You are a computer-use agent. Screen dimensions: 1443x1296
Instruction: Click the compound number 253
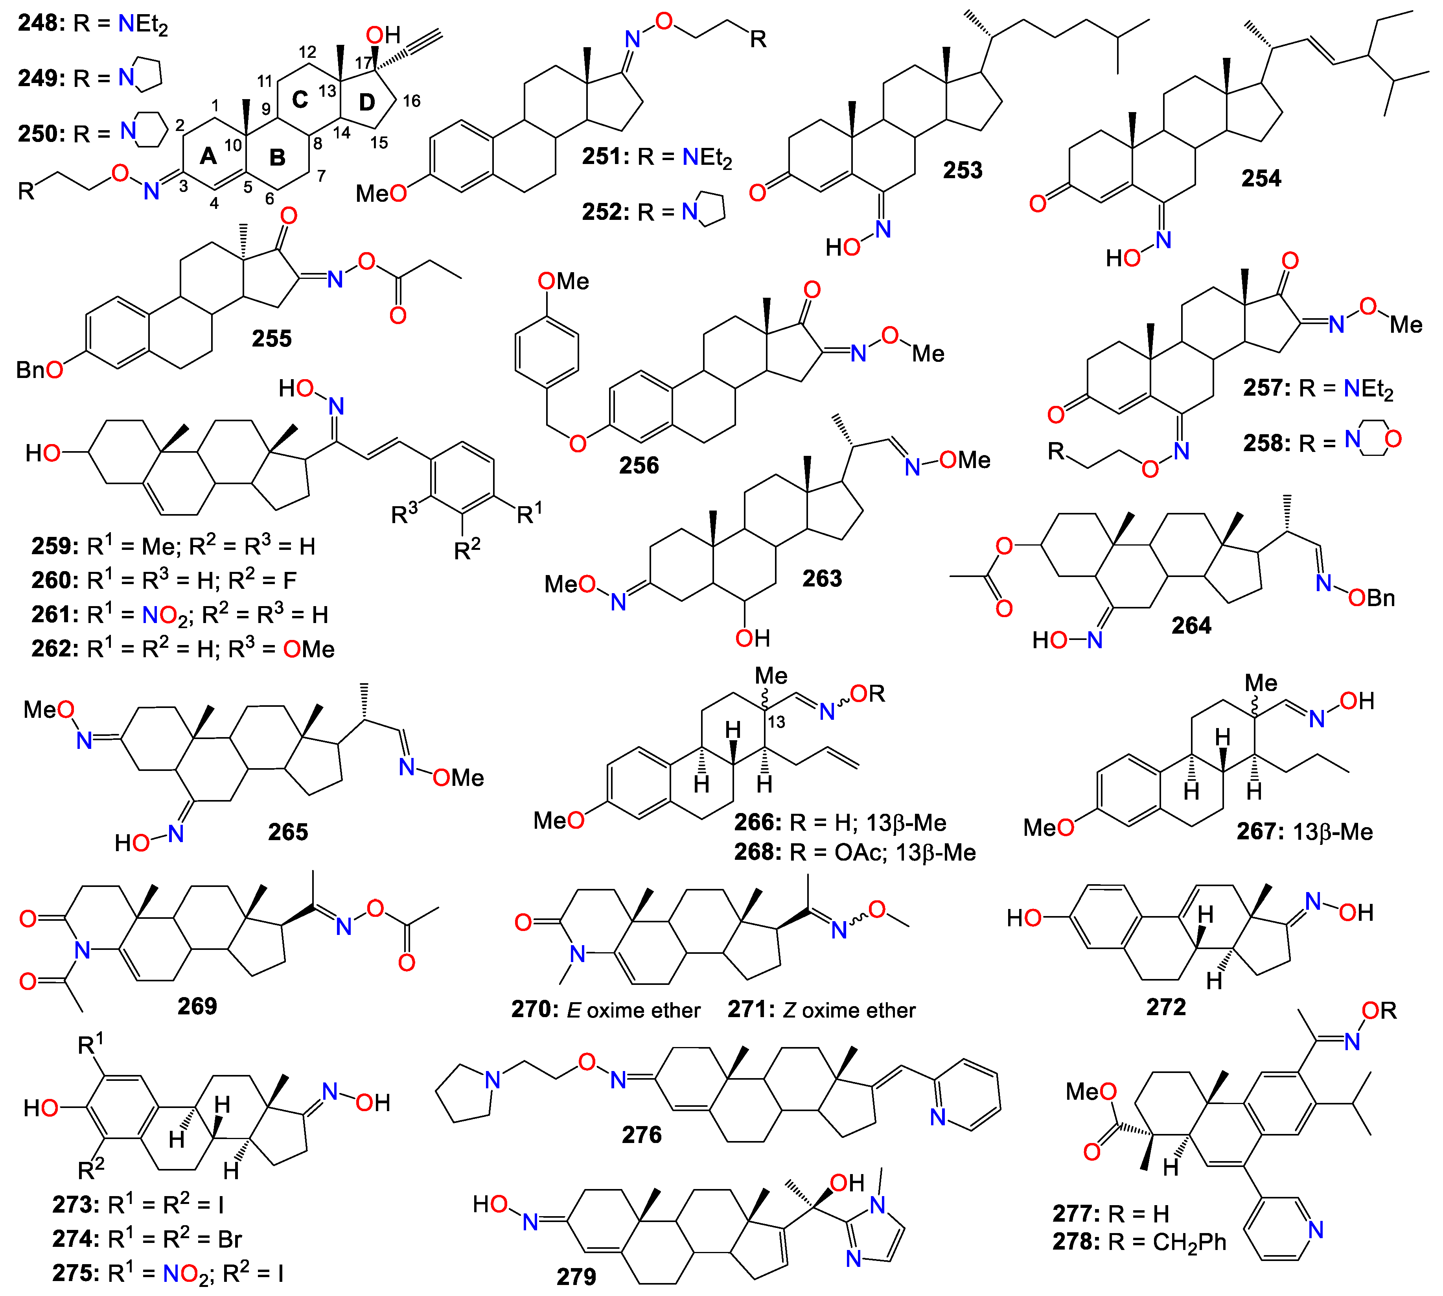pyautogui.click(x=963, y=170)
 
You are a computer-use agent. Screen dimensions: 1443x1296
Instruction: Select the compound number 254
pyautogui.click(x=1261, y=178)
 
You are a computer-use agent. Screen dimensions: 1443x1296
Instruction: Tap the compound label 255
pyautogui.click(x=271, y=338)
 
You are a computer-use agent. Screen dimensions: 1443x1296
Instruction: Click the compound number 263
pyautogui.click(x=822, y=578)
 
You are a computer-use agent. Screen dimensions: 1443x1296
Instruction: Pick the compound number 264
pyautogui.click(x=1191, y=625)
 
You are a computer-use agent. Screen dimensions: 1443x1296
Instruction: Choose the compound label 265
pyautogui.click(x=287, y=832)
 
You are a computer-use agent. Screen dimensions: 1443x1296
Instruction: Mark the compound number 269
pyautogui.click(x=197, y=1005)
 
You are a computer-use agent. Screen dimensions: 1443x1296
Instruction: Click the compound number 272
pyautogui.click(x=1166, y=1006)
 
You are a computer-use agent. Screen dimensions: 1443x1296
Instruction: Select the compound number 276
pyautogui.click(x=641, y=1134)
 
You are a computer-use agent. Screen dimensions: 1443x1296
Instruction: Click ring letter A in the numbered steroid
pyautogui.click(x=208, y=155)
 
